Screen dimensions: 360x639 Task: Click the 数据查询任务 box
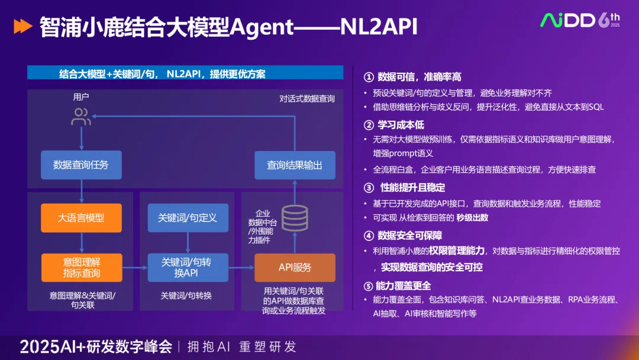[x=81, y=165]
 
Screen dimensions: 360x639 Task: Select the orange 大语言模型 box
[x=81, y=218]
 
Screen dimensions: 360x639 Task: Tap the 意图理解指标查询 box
[x=81, y=268]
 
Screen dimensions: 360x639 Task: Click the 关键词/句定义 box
[x=188, y=218]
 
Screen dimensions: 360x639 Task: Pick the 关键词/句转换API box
[x=188, y=268]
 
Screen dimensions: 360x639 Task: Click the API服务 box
[x=295, y=268]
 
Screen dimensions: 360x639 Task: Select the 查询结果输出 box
[x=295, y=165]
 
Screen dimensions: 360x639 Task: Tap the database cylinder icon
[x=294, y=218]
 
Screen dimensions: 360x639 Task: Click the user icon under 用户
[x=81, y=117]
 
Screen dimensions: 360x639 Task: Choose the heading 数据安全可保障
[x=409, y=236]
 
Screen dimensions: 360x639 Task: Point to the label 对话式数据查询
[x=307, y=98]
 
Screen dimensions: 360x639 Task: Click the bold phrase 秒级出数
[x=472, y=217]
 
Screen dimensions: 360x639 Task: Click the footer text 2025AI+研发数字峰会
[x=96, y=346]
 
